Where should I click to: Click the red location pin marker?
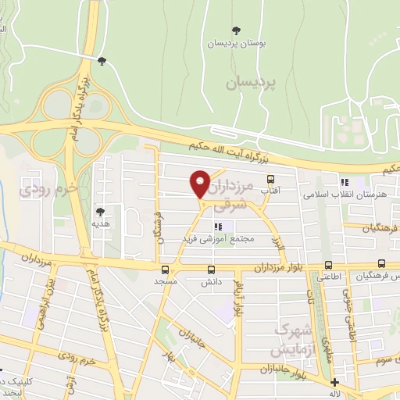pyautogui.click(x=200, y=183)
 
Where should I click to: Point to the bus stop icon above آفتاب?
pyautogui.click(x=271, y=179)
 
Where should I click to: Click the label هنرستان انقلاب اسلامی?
pyautogui.click(x=343, y=194)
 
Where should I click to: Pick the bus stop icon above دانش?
pyautogui.click(x=209, y=267)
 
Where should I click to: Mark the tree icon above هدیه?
pyautogui.click(x=100, y=211)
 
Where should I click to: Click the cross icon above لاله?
pyautogui.click(x=335, y=383)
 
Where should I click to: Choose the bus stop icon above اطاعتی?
pyautogui.click(x=327, y=265)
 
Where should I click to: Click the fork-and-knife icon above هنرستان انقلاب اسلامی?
pyautogui.click(x=344, y=182)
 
